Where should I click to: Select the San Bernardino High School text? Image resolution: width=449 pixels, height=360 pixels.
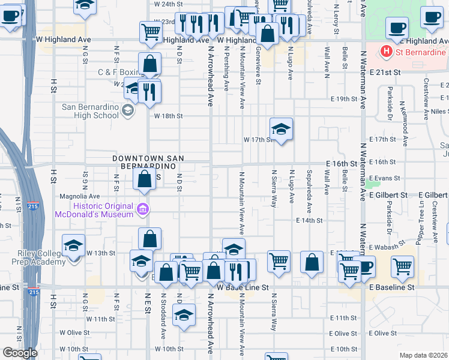point(91,112)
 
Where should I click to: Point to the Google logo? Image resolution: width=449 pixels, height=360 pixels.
point(20,353)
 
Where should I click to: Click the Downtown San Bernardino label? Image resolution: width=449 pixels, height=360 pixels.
point(148,162)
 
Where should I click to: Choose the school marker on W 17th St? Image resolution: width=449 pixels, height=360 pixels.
point(280,128)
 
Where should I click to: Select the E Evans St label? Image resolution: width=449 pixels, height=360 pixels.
point(385,178)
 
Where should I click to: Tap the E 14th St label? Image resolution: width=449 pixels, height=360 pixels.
point(309,221)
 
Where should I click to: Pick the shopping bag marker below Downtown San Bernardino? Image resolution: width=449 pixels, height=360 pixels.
point(144,178)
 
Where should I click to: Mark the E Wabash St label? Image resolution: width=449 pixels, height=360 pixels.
point(385,247)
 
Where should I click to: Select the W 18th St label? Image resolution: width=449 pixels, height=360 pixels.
point(167,116)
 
